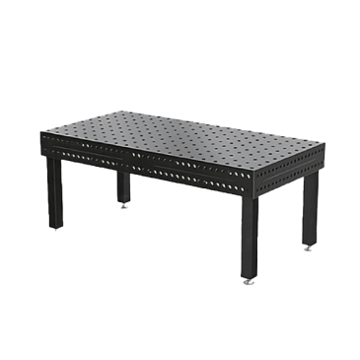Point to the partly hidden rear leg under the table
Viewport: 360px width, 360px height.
pos(125,187)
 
